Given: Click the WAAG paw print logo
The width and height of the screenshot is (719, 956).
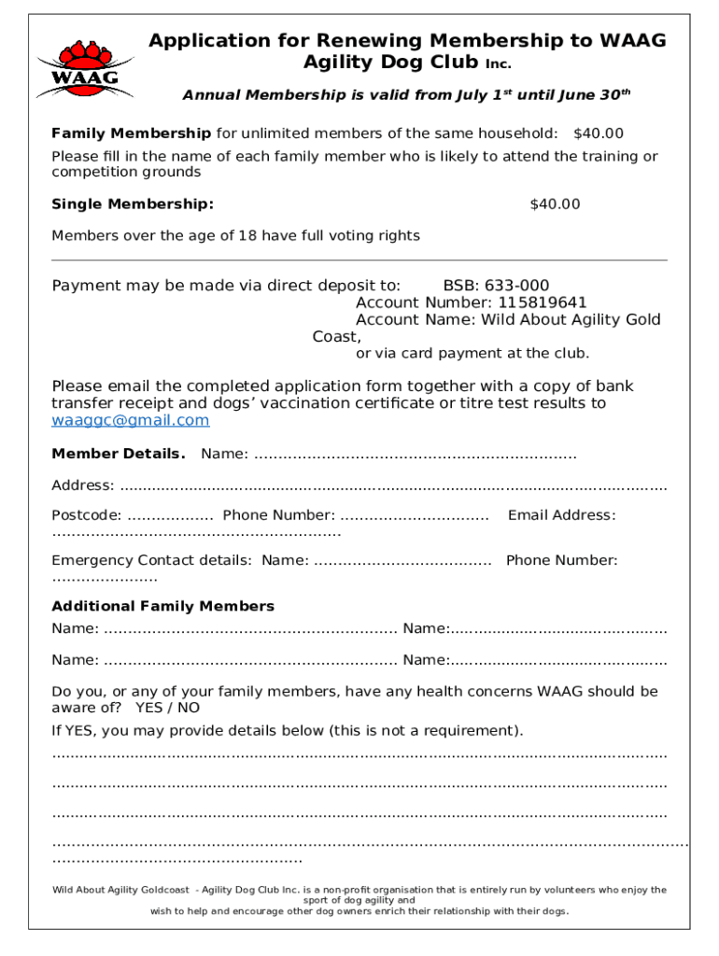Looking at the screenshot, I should (78, 68).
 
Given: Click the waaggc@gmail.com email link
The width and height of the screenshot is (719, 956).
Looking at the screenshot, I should (130, 420).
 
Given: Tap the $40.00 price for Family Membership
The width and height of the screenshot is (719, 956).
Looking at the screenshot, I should (599, 134).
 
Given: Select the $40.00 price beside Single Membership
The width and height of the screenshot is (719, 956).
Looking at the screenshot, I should (555, 204).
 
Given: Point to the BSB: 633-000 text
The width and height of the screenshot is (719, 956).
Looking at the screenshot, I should (496, 286).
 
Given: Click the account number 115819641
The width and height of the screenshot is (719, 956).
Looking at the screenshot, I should (543, 302).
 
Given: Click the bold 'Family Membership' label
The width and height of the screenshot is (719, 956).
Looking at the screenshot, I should (131, 134).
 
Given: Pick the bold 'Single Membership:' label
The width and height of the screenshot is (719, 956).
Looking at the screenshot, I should (133, 204).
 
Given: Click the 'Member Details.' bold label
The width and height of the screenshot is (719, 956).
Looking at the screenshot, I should (119, 454).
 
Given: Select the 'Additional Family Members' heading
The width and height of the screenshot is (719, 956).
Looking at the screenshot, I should (162, 606).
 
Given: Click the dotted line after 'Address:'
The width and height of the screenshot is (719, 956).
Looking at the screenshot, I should (393, 486).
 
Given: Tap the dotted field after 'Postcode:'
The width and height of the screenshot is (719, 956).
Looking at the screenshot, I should (170, 516).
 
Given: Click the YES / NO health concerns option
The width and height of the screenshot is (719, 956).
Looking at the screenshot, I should (167, 708).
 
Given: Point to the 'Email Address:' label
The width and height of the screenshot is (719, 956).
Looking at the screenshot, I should (561, 515).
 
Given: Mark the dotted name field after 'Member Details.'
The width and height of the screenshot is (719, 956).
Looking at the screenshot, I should (415, 456).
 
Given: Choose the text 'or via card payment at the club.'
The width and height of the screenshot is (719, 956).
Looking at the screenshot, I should (472, 354).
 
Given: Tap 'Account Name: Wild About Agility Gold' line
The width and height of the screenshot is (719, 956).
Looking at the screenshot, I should (508, 319).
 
